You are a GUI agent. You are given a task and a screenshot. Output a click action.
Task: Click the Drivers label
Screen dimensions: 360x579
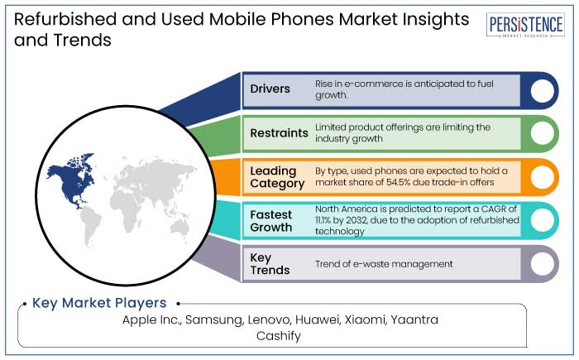pyautogui.click(x=270, y=89)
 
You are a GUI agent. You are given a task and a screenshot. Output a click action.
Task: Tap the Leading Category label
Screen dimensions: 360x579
pyautogui.click(x=274, y=177)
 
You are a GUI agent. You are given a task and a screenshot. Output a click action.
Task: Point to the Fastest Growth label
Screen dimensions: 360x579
pyautogui.click(x=272, y=221)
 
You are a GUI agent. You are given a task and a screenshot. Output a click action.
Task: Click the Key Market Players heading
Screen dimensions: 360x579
pyautogui.click(x=99, y=303)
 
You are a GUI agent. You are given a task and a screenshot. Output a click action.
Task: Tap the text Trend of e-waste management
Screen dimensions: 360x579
pyautogui.click(x=384, y=264)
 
